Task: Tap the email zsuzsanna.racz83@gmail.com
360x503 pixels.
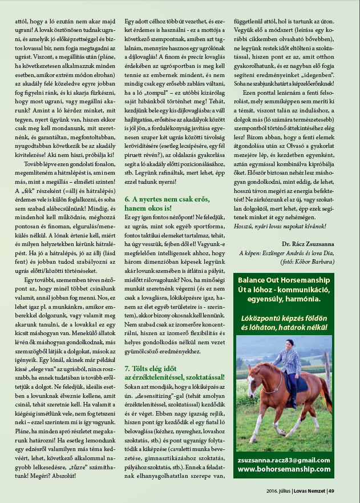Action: click(284, 460)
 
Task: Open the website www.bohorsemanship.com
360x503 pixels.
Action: click(284, 469)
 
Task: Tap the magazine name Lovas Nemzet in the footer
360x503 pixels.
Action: click(310, 490)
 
